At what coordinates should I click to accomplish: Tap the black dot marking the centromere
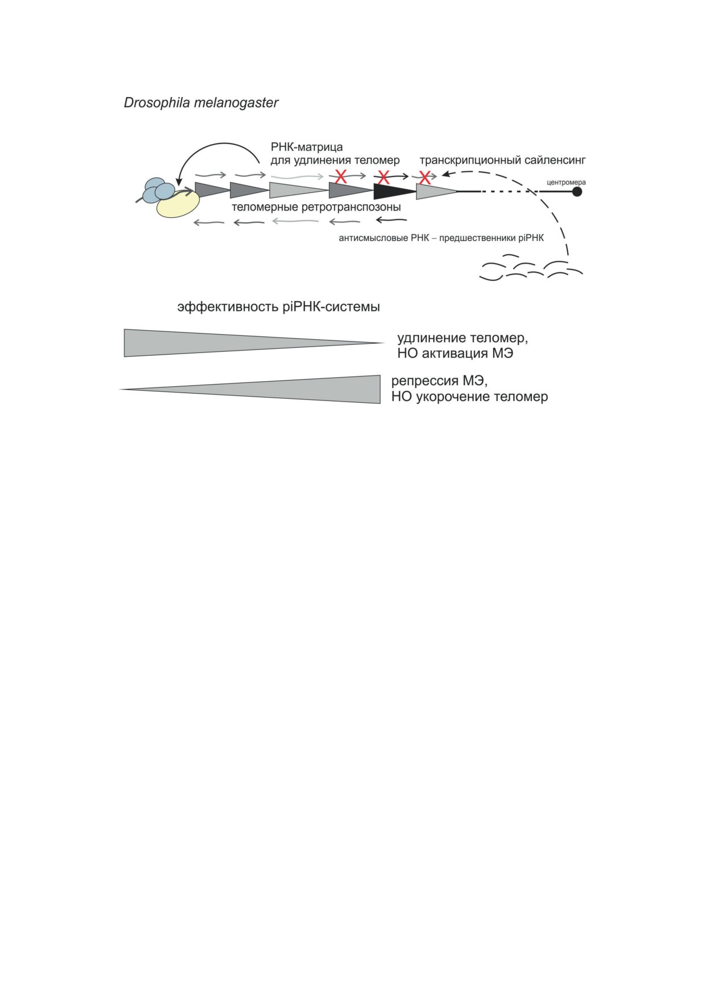click(x=577, y=192)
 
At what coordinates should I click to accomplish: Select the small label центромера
click(x=566, y=183)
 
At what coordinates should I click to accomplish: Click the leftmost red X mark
click(x=341, y=176)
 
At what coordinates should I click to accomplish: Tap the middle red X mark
click(x=383, y=176)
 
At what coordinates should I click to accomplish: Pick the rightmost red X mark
click(x=425, y=177)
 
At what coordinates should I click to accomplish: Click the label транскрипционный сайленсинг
click(x=502, y=161)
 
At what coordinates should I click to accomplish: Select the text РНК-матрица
click(x=307, y=147)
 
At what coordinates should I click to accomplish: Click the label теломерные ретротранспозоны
click(x=316, y=207)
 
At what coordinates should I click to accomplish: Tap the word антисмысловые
click(x=367, y=238)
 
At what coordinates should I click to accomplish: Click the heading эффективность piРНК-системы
click(x=278, y=307)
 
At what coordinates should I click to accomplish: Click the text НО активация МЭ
click(x=455, y=353)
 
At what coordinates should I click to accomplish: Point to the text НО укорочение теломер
click(x=469, y=397)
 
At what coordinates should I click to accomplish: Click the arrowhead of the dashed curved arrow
click(x=446, y=174)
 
